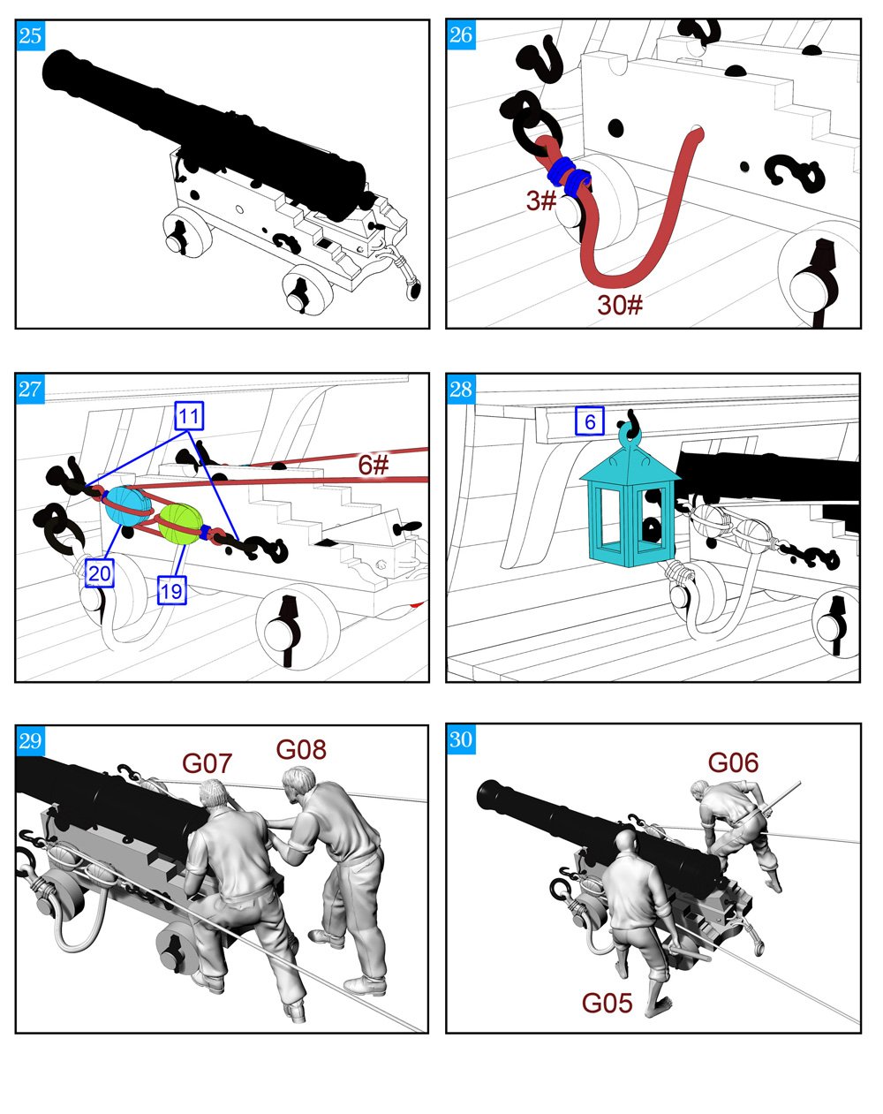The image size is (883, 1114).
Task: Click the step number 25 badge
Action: (30, 35)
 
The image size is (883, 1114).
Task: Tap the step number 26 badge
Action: (461, 35)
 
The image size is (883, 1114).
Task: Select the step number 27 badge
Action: (30, 389)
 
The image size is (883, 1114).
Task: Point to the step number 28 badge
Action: (461, 389)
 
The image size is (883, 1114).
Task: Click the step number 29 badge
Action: (30, 741)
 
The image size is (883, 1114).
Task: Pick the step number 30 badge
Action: (461, 739)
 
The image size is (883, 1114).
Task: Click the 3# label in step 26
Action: (541, 201)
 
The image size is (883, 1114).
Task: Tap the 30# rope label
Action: (620, 305)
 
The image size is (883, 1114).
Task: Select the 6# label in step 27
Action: (373, 465)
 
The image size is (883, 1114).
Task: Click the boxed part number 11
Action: (189, 416)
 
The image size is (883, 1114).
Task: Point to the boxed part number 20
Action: (100, 573)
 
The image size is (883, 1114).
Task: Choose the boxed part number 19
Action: (172, 590)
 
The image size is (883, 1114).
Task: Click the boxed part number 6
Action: (590, 421)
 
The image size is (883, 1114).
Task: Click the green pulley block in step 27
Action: (179, 525)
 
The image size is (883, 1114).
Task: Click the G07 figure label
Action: (207, 763)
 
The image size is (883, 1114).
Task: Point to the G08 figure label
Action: (301, 749)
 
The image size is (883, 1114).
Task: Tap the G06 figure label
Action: (733, 762)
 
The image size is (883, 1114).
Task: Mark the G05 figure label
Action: (607, 1003)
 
